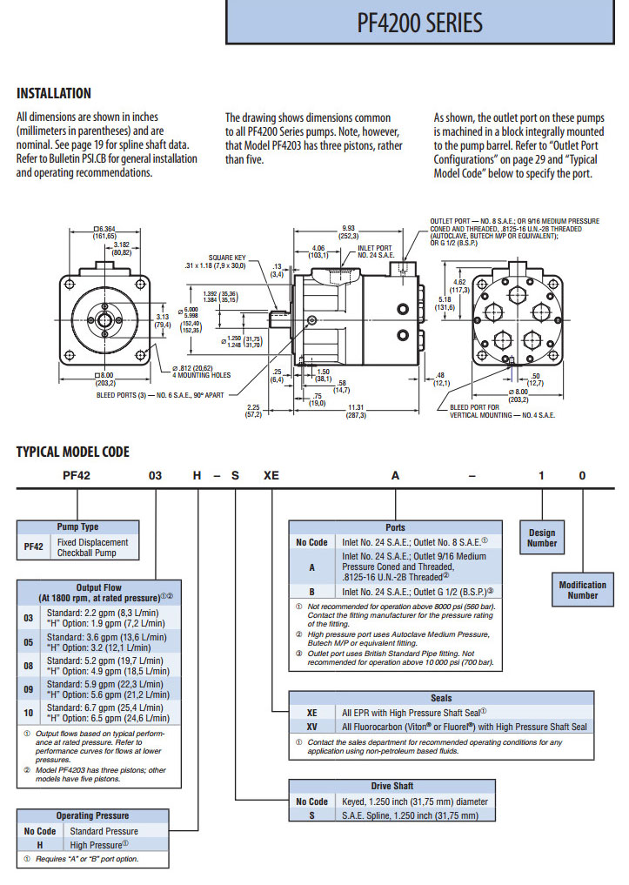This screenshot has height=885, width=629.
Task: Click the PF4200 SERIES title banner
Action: pos(419,23)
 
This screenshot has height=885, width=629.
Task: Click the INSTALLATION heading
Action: pos(54,93)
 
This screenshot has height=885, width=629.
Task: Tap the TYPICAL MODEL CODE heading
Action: pos(73,451)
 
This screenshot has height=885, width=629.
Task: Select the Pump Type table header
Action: pos(77,526)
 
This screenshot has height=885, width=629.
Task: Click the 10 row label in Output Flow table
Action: pos(29,713)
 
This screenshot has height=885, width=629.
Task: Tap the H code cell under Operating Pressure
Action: pos(40,844)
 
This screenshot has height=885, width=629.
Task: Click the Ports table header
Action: pos(395,527)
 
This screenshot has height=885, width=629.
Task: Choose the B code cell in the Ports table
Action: pos(311,592)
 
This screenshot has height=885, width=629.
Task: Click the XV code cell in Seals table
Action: pos(311,727)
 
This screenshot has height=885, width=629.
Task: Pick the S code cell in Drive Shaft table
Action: pos(311,815)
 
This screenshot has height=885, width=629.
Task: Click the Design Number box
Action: pos(541,538)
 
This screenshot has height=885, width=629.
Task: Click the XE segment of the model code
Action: pos(272,475)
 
